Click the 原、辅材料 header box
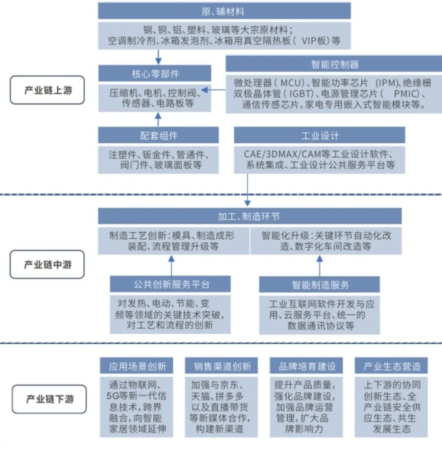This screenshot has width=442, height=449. pos(224,11)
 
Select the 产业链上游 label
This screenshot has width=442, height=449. pos(47,90)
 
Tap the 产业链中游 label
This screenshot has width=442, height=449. pos(47,264)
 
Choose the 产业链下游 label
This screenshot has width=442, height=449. pos(49,399)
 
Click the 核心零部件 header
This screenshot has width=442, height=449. pos(155,74)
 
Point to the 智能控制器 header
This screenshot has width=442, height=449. pos(334,64)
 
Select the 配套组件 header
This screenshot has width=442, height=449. pos(158,135)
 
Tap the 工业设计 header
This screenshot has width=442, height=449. pos(319,135)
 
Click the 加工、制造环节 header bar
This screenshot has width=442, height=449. pos(249,216)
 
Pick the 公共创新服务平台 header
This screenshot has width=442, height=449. pos(170,284)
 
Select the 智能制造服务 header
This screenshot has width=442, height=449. pos(319,284)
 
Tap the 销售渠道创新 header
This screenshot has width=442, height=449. pos(222,366)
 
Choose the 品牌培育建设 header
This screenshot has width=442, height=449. pos(307,366)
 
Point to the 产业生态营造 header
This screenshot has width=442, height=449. pos(391,366)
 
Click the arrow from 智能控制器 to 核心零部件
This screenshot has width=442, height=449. pos(215,89)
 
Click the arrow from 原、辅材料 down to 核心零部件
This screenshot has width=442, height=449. pos(158,56)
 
